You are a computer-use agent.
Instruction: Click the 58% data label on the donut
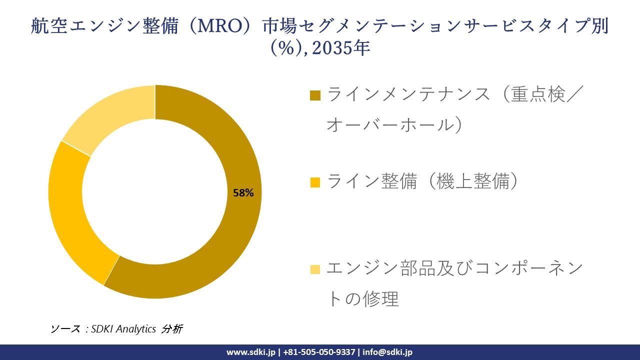[x=243, y=193]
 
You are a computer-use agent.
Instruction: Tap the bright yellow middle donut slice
[x=70, y=210]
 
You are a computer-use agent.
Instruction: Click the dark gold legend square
[x=315, y=95]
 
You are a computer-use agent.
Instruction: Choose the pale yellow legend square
[x=315, y=269]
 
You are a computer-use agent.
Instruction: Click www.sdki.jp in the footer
[x=251, y=352]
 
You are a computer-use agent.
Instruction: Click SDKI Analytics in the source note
[x=123, y=329]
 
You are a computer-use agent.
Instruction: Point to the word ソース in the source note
[x=65, y=329]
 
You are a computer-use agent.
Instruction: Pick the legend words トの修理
[x=362, y=299]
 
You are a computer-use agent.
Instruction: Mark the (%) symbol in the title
[x=287, y=48]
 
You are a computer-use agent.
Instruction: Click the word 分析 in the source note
[x=172, y=329]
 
